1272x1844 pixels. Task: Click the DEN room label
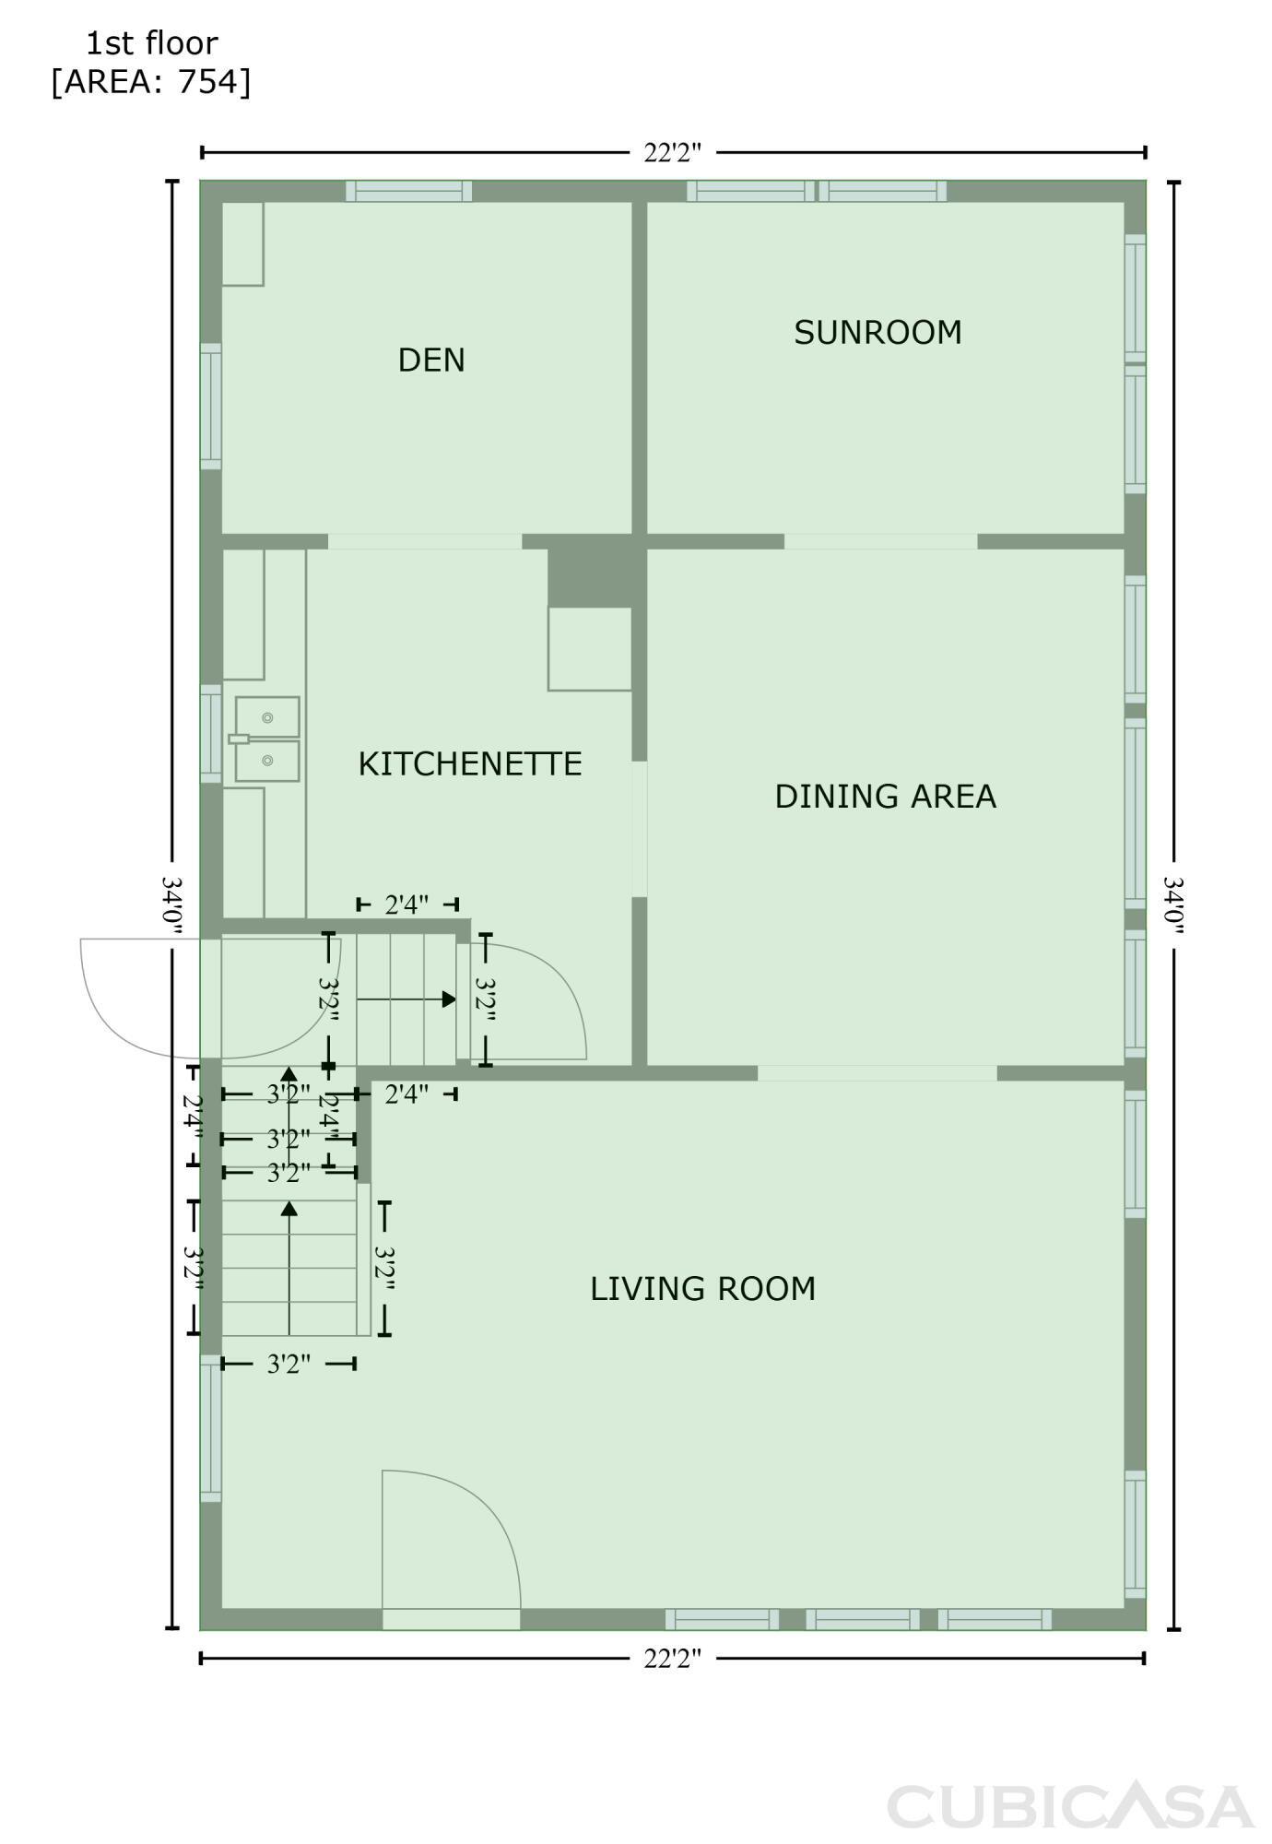coord(431,360)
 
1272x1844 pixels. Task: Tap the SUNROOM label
coord(877,332)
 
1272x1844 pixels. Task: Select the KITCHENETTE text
coord(470,763)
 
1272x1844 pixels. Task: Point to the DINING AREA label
coord(885,796)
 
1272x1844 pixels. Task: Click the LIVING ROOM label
coord(703,1288)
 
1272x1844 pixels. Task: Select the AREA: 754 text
coord(151,82)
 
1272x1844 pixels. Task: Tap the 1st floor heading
coord(152,42)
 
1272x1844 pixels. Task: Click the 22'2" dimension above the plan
coord(673,152)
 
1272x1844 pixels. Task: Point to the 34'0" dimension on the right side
coord(1173,904)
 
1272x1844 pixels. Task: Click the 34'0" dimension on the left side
coord(172,904)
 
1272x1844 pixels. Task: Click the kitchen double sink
coord(266,739)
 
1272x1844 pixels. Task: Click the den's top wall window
coord(409,191)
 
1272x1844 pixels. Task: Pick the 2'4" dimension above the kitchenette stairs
coord(406,904)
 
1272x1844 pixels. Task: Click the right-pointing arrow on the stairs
coord(406,999)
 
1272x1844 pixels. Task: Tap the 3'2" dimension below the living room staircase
coord(289,1364)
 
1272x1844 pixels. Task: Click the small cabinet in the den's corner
coord(243,244)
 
